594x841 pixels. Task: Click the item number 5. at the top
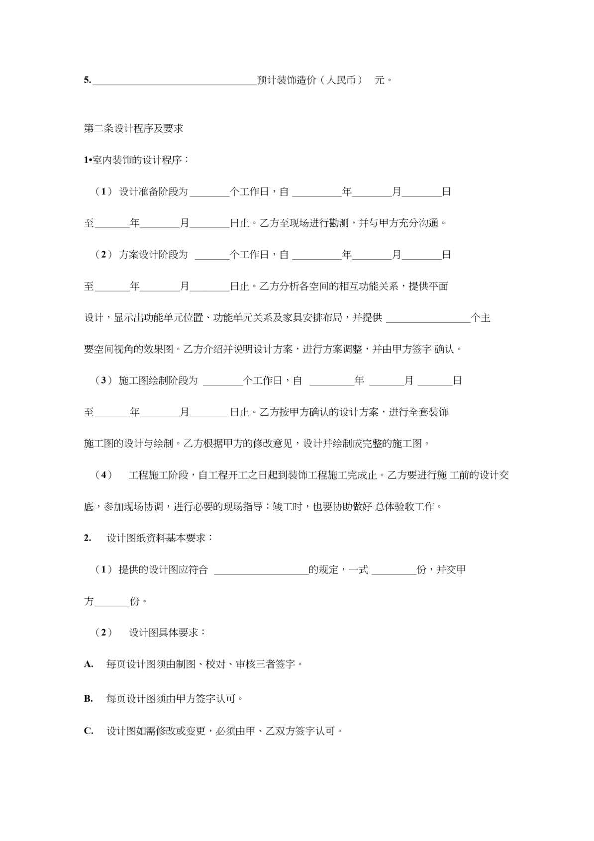coord(88,80)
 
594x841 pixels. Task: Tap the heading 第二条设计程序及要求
coord(133,128)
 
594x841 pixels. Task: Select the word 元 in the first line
coord(380,80)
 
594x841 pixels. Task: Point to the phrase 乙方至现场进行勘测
coord(304,223)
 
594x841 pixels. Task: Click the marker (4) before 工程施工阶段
coord(103,475)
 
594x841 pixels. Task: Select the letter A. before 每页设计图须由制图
coord(89,664)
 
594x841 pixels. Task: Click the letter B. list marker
coord(89,699)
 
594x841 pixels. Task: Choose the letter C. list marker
coord(89,731)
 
